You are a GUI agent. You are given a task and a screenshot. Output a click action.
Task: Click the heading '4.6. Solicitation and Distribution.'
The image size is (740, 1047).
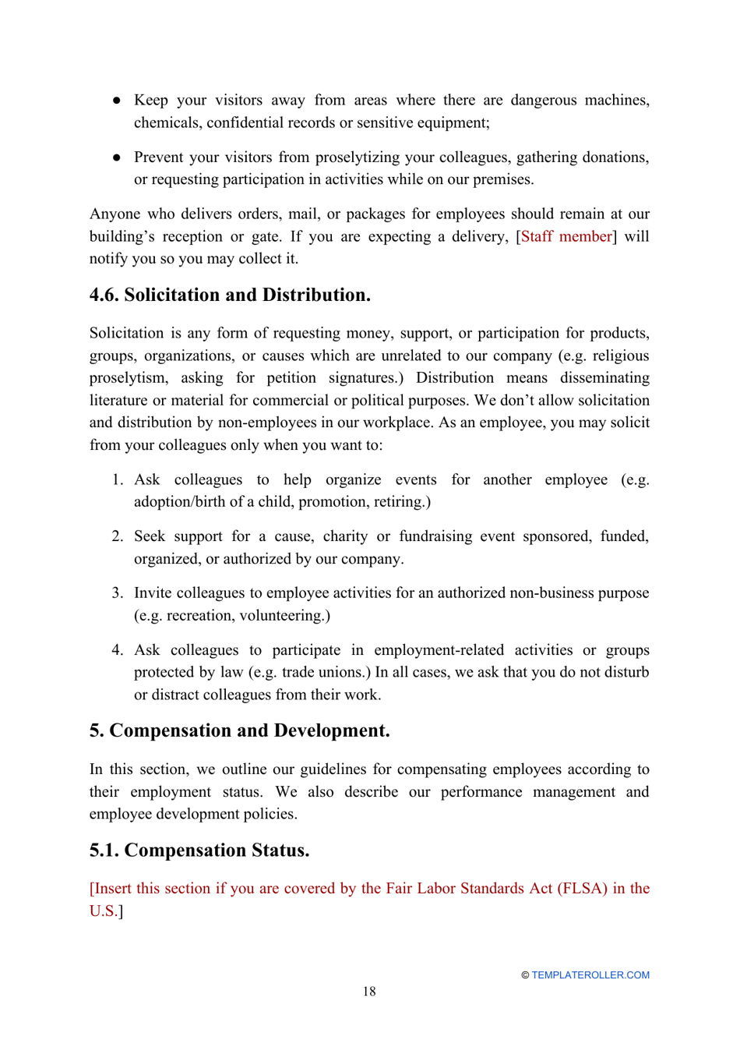230,295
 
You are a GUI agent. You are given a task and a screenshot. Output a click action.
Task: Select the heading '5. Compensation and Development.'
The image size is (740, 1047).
239,730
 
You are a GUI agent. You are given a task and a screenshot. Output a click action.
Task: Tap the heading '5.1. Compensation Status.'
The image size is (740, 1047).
199,850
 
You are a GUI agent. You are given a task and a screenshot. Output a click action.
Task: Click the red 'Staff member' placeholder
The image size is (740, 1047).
566,236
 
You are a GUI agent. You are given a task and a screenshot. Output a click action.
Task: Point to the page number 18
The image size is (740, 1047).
369,992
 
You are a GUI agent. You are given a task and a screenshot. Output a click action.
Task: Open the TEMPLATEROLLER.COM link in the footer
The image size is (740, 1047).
590,975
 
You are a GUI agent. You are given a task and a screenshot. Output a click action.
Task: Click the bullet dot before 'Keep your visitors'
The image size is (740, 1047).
117,101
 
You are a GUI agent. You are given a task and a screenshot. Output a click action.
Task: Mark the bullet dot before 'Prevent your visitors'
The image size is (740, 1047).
117,157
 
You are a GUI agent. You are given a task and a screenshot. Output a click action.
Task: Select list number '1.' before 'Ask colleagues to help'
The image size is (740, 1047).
117,479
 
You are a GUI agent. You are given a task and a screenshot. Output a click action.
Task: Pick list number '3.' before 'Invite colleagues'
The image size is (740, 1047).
117,593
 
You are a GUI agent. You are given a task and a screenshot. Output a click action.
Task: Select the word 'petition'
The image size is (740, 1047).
291,378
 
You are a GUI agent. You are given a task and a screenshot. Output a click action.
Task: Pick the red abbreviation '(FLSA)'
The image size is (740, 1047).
582,889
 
